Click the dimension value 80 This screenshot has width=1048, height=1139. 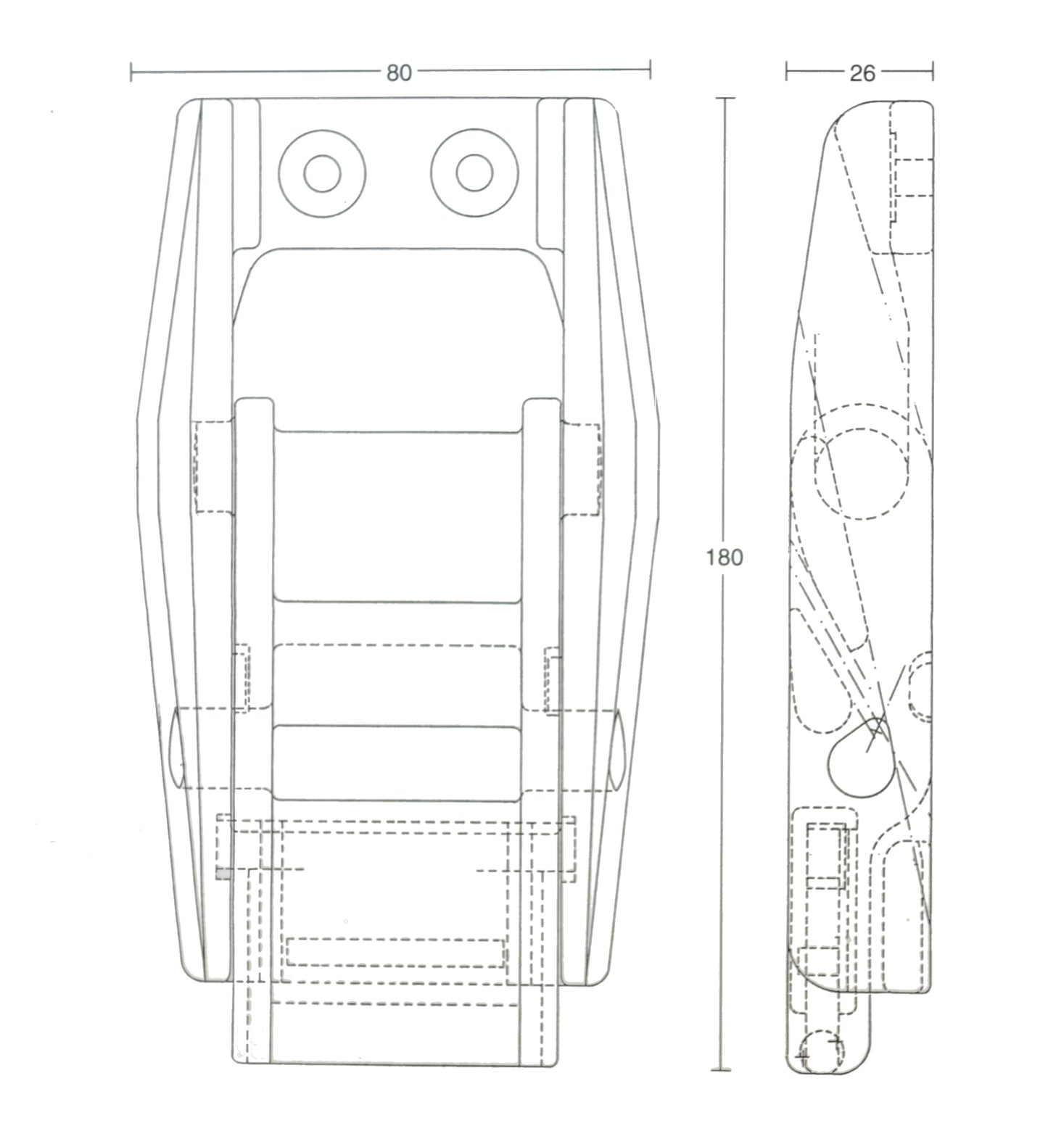399,73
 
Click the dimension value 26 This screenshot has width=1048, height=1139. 862,73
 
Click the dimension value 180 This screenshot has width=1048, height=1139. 725,557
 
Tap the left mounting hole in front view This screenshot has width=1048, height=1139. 322,173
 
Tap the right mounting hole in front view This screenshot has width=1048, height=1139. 474,173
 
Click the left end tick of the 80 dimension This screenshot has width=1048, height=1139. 131,71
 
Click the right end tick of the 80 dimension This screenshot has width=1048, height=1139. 650,70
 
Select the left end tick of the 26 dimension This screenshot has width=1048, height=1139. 787,71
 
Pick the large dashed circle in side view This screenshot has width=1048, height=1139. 861,473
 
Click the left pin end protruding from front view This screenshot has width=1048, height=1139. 176,749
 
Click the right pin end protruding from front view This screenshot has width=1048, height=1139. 619,749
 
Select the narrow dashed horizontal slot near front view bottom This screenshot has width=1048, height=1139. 395,952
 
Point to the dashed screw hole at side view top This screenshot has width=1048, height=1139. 913,177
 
